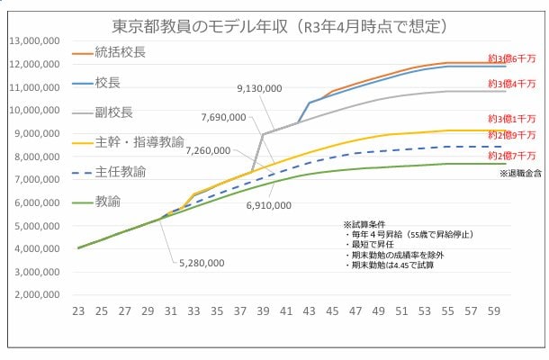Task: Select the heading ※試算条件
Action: pos(362,223)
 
